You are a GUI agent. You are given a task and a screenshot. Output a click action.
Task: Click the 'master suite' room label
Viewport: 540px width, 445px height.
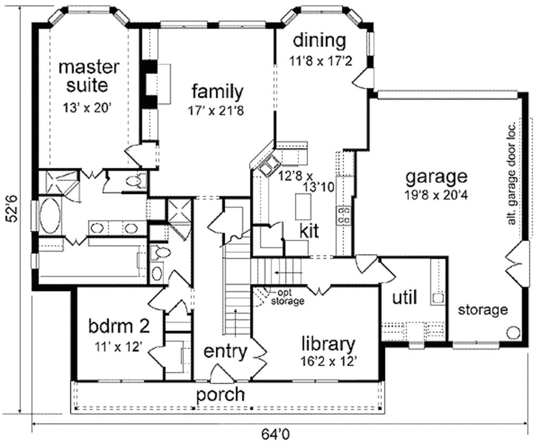coord(89,76)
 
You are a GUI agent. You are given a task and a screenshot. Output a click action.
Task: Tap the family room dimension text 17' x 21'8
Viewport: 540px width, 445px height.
coord(217,111)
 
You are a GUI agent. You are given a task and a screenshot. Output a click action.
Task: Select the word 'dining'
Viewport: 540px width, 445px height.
coord(320,40)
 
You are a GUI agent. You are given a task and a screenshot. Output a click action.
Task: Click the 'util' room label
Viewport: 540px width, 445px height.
coord(405,298)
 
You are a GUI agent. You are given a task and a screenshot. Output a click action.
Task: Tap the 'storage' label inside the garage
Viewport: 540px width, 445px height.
coord(483,310)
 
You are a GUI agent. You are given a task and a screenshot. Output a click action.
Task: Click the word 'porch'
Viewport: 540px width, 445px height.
coord(220,394)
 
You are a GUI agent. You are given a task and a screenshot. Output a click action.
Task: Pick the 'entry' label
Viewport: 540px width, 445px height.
coord(226,351)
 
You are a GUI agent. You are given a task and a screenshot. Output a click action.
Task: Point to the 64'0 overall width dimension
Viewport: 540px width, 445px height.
coord(276,435)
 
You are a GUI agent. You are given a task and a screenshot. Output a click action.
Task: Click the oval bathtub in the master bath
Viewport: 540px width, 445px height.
coord(50,215)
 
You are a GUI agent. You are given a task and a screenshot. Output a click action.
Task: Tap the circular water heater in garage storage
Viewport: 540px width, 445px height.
coord(512,333)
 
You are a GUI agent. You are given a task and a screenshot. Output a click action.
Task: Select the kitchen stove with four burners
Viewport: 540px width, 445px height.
coord(344,215)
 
